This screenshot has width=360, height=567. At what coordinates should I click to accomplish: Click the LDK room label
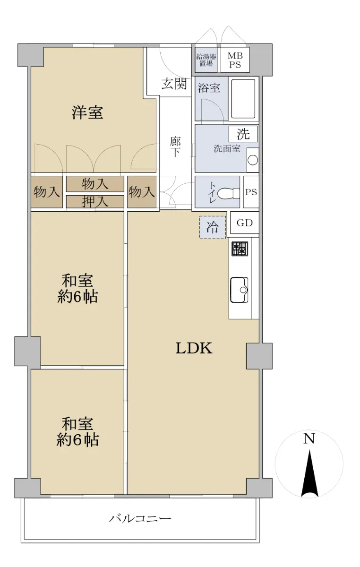194,348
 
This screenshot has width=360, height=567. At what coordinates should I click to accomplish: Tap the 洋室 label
87,112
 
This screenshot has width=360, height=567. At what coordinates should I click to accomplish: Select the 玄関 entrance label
174,84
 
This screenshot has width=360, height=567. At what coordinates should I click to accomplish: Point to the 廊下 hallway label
175,147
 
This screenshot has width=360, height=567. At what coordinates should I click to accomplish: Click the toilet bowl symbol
228,194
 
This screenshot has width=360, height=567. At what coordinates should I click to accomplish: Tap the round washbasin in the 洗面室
253,160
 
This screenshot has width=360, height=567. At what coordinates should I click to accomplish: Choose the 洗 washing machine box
243,134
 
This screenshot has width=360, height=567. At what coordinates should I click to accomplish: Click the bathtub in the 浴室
242,98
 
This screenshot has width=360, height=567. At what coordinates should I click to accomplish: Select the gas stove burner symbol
240,249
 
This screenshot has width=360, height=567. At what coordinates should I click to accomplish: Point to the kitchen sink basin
239,290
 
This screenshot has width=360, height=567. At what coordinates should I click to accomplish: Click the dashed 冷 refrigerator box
213,227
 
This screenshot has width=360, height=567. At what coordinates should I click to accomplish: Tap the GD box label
245,223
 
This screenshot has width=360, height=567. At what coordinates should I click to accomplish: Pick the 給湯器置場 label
206,60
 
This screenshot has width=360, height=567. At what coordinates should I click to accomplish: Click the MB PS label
235,60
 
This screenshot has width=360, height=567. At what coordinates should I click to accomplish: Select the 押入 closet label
95,202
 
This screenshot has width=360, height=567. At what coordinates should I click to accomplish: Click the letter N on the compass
309,438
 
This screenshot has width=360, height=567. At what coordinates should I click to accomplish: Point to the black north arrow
309,473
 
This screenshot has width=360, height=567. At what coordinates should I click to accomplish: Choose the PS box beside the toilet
251,192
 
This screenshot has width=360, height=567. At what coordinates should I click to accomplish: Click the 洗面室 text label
227,148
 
